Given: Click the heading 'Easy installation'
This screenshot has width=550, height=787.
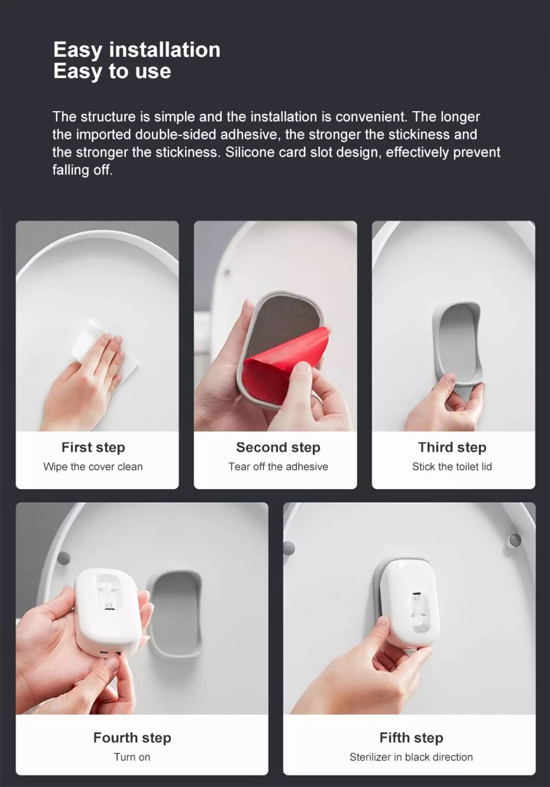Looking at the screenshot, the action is pos(137,50).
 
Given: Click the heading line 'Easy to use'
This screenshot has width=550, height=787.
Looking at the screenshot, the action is pos(112,71).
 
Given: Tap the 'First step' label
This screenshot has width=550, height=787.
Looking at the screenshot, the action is pos(93,448).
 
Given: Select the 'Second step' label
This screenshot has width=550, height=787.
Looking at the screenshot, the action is pos(278,448).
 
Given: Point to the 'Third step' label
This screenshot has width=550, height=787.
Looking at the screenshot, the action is pos(452,448).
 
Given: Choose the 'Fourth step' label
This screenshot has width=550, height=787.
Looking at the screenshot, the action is pos(132,738).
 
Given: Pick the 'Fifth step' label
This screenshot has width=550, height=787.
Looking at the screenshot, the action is pos(411,738).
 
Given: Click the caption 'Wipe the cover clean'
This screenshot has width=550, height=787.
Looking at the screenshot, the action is pos(93,466).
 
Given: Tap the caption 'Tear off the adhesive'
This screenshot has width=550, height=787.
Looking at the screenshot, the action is pos(278,466).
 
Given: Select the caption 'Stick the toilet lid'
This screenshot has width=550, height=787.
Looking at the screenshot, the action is pos(452,466).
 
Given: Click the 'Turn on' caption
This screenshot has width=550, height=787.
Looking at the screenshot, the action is pos(132,757).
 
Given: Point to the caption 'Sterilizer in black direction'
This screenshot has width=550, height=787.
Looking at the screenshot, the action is pos(411,757).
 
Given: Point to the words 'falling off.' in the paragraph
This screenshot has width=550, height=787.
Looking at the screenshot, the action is pos(83,170).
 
